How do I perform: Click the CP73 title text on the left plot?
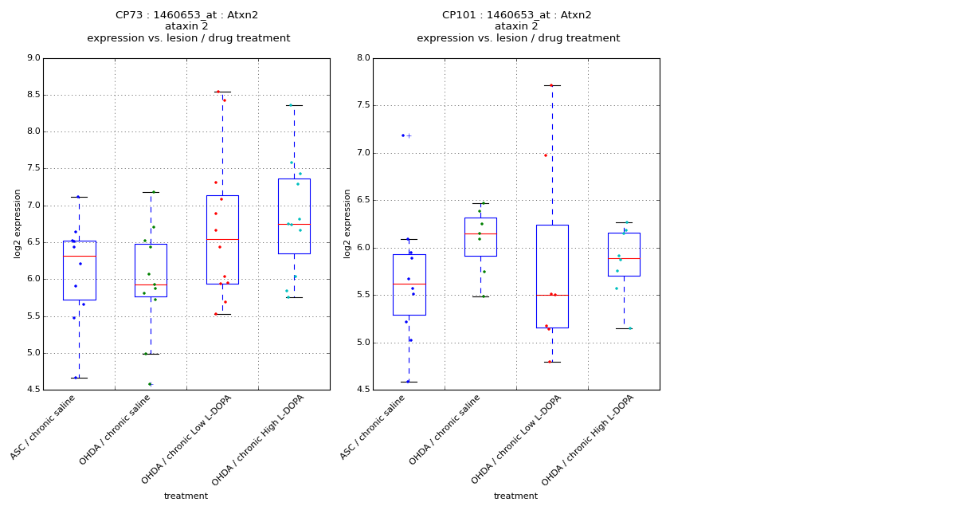pos(187,15)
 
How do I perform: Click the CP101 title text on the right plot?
pos(517,15)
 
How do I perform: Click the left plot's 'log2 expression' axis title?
pos(18,223)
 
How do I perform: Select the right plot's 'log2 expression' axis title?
pos(347,223)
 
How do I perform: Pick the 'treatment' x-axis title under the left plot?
pos(186,496)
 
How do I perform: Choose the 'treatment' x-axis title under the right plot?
pos(515,496)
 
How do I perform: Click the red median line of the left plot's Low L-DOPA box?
pos(222,239)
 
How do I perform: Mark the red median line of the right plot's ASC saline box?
pos(409,284)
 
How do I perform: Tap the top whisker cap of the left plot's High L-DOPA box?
pos(294,105)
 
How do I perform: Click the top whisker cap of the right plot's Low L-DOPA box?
pos(552,85)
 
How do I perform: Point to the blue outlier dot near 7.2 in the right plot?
pos(403,135)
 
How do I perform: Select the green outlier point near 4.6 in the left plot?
pos(149,384)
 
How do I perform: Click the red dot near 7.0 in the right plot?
pos(546,155)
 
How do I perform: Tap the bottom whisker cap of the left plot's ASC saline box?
pos(79,378)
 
